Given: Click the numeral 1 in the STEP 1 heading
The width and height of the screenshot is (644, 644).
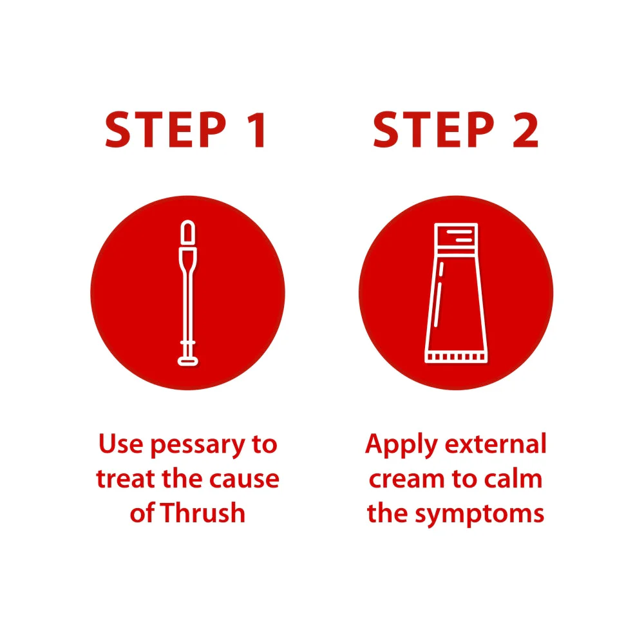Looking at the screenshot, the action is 259,129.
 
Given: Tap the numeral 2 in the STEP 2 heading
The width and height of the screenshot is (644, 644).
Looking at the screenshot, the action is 526,129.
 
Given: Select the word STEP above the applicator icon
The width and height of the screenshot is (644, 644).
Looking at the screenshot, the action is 166,129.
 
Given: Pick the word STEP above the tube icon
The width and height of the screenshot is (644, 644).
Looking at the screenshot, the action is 433,129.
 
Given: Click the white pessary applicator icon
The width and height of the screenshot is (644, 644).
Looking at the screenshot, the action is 187,292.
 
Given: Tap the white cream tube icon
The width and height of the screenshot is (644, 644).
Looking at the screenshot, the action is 456,293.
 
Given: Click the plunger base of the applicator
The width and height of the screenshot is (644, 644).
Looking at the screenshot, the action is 187,361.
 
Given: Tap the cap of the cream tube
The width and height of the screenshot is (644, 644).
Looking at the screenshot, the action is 456,236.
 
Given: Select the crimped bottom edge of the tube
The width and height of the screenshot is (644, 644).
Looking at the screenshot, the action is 456,357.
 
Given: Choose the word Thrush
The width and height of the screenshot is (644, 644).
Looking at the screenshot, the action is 203,513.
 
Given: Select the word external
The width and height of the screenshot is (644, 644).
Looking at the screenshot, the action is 496,444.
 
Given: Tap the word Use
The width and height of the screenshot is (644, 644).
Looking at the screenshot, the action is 121,444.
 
